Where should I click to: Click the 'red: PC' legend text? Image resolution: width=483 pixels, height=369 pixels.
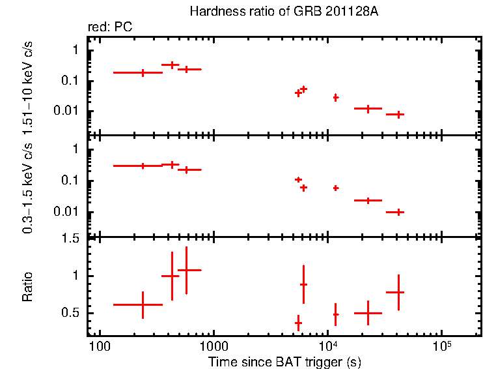(111, 27)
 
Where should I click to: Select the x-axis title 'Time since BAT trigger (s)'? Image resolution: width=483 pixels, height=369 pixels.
(284, 361)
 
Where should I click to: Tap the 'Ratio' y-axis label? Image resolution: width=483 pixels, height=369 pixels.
(27, 287)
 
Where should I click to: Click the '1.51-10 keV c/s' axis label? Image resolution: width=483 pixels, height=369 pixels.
(27, 89)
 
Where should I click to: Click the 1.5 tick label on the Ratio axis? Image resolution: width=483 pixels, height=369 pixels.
(73, 239)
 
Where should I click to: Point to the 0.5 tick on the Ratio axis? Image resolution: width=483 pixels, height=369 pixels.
(73, 314)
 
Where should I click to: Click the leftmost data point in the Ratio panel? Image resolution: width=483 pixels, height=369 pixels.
(143, 304)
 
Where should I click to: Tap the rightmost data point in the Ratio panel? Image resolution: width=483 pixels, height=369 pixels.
(398, 292)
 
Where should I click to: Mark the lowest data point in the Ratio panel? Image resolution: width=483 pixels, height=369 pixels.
(298, 323)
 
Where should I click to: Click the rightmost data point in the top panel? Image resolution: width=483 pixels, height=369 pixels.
(398, 114)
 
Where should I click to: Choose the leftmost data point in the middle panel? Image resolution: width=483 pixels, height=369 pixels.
(143, 166)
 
